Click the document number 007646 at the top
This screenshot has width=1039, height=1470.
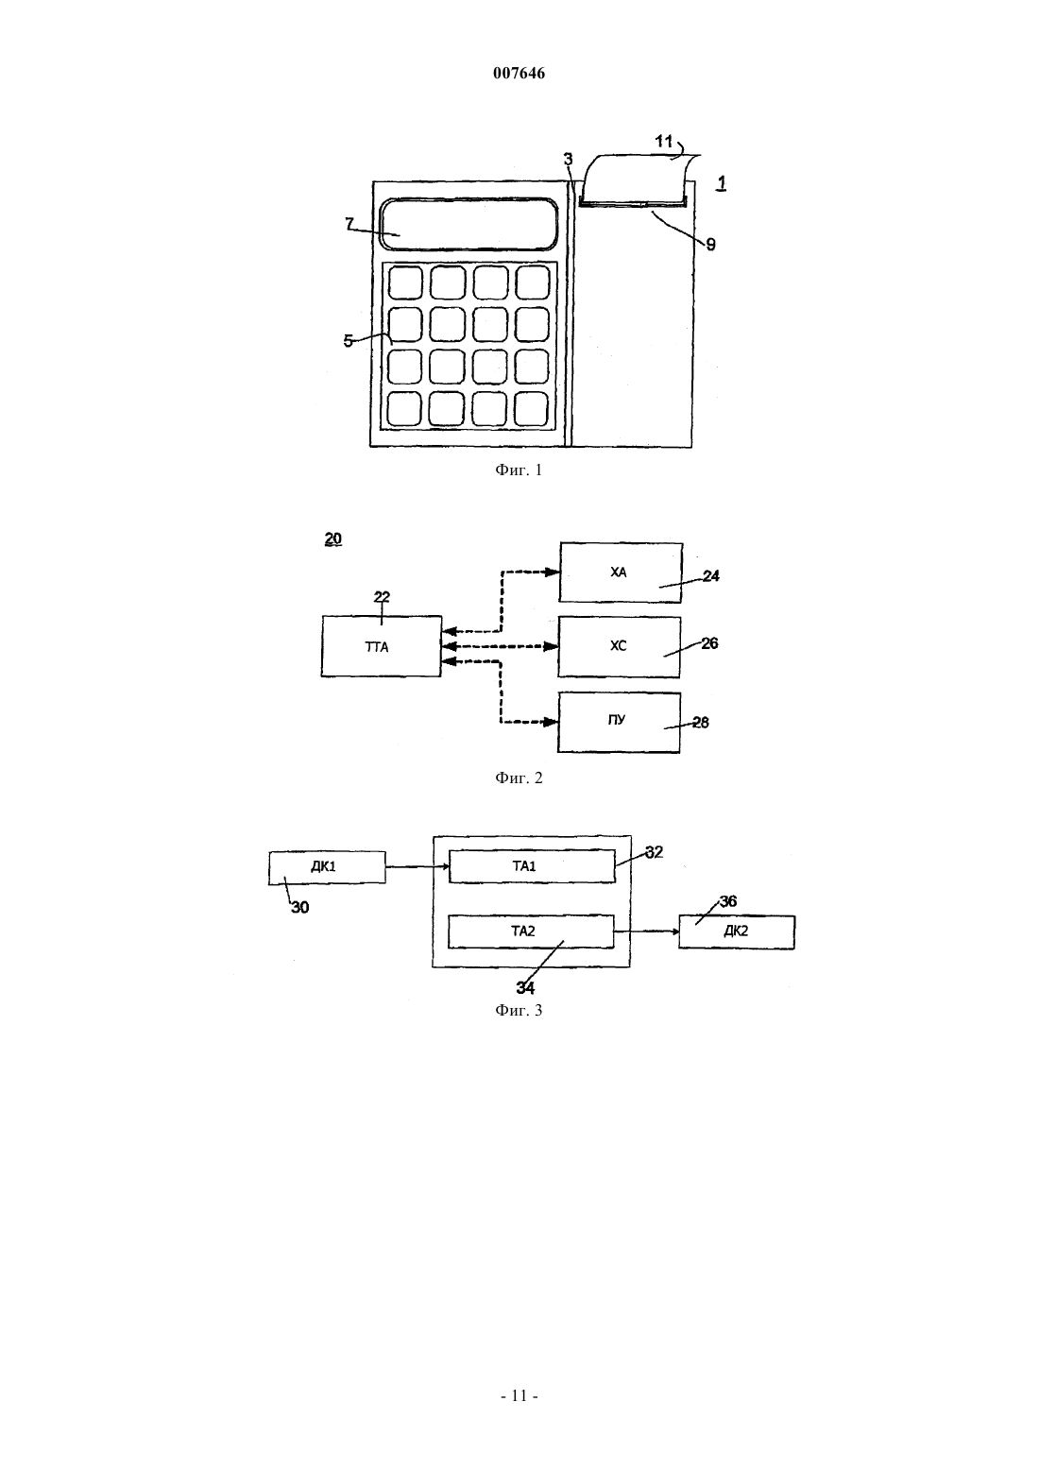[519, 73]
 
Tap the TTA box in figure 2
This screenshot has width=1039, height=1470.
[381, 646]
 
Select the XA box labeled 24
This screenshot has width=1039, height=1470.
[621, 573]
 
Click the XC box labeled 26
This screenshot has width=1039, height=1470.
[620, 646]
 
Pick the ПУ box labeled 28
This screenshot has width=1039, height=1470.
[620, 722]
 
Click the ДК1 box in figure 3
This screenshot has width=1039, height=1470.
[327, 867]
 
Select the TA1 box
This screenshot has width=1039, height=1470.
[531, 866]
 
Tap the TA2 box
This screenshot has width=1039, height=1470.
[531, 932]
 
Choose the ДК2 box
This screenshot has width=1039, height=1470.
[737, 932]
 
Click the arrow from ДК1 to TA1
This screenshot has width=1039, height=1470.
[417, 867]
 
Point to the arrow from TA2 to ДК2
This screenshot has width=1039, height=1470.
[646, 931]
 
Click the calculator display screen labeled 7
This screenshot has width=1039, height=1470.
[469, 225]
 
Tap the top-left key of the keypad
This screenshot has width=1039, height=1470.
[405, 282]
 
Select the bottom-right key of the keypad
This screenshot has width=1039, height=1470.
[531, 409]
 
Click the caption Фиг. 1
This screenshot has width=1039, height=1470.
[519, 470]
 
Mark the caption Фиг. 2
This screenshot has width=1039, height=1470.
[519, 778]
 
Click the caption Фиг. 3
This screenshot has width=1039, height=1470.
[519, 1010]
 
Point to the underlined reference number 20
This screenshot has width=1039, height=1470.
[333, 538]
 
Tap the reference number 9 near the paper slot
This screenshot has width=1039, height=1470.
[710, 245]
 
